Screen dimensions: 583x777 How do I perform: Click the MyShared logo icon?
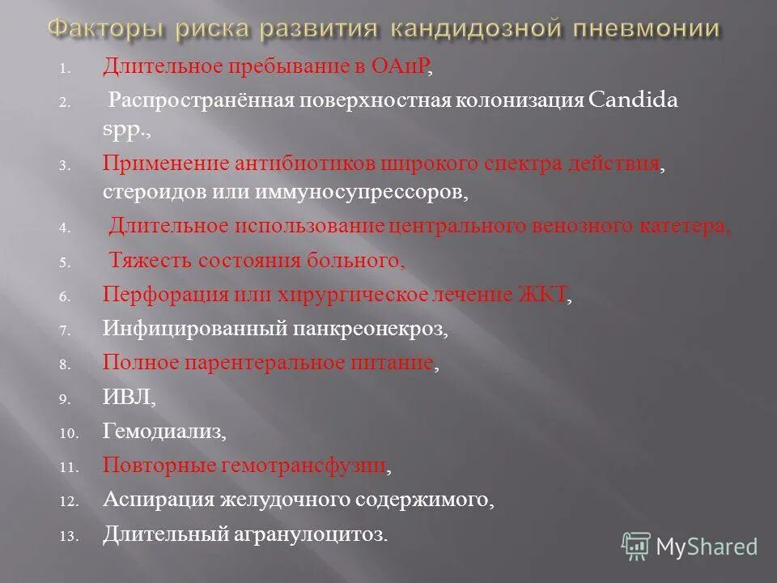click(x=637, y=546)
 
